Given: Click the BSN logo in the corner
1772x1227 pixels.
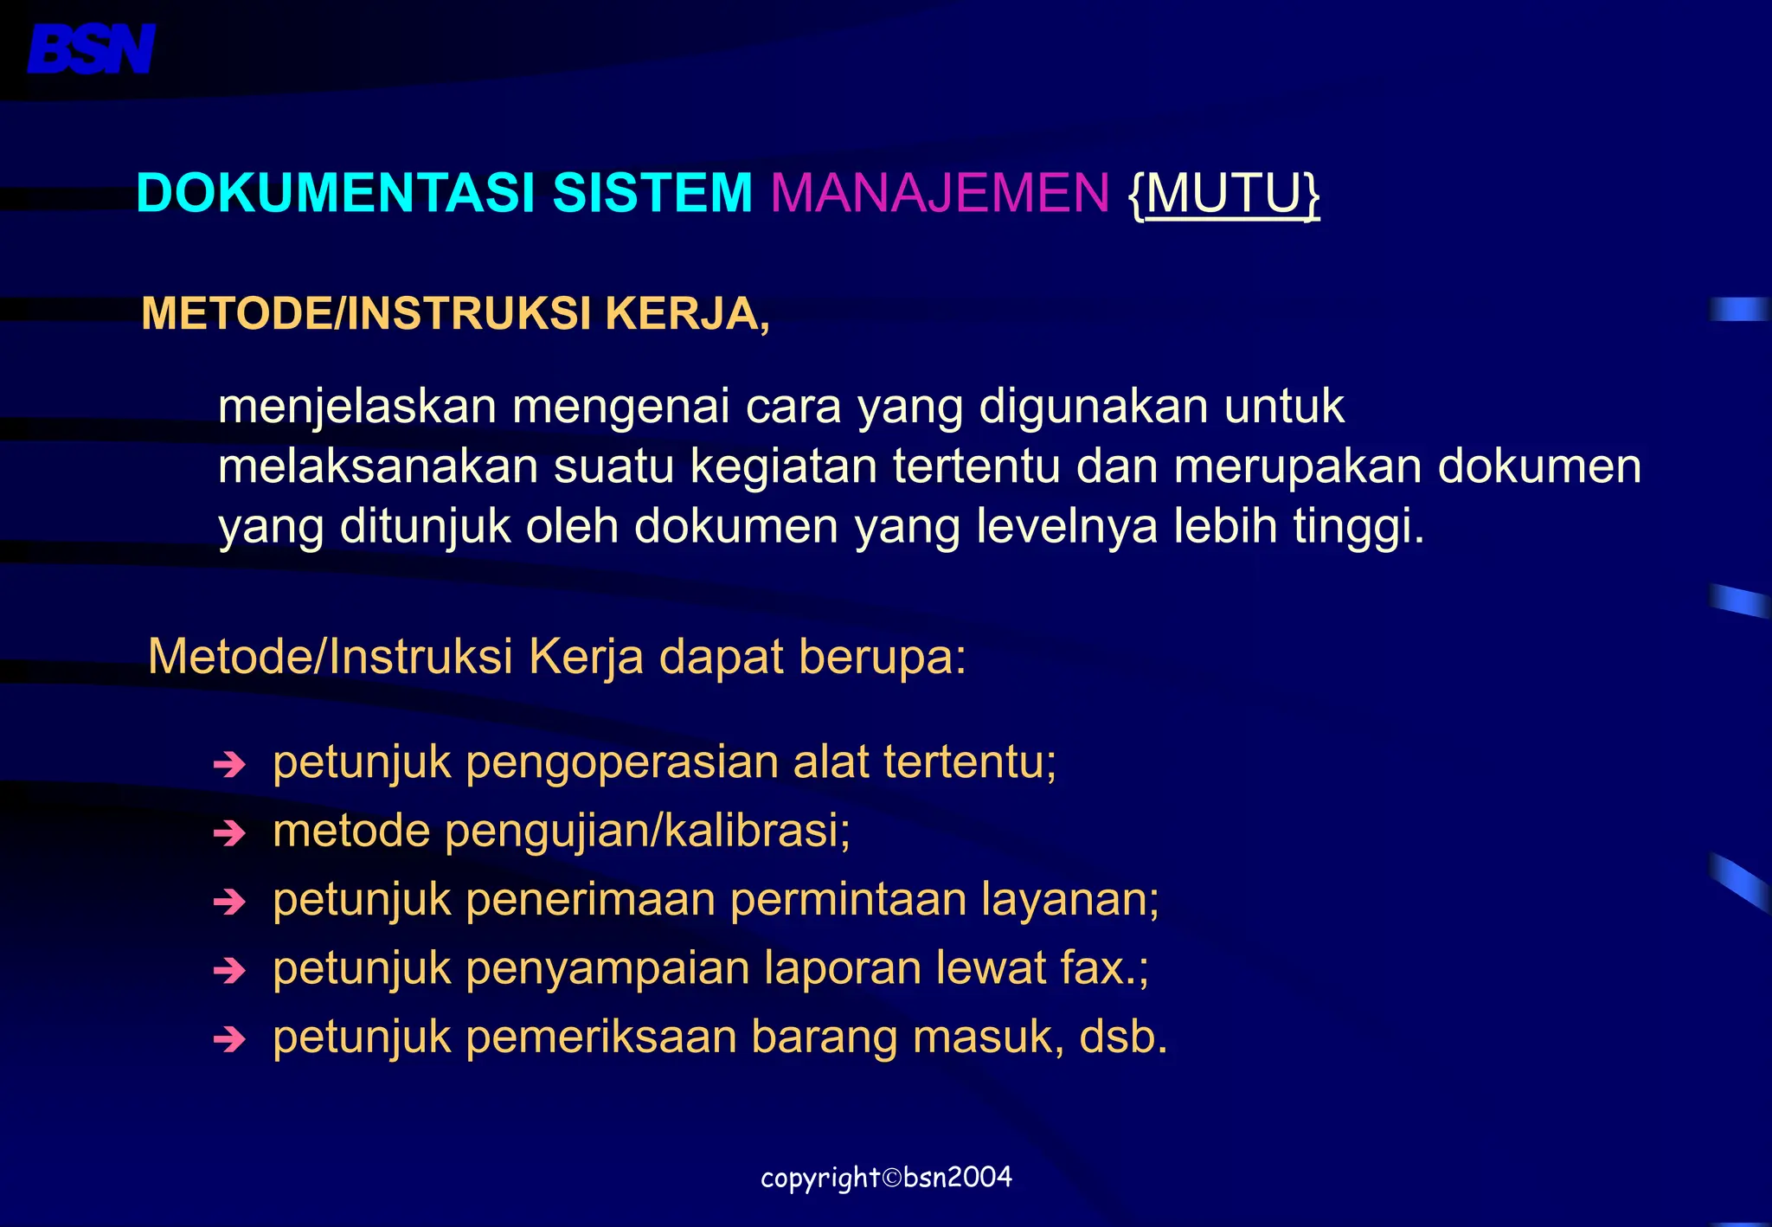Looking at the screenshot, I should (x=92, y=48).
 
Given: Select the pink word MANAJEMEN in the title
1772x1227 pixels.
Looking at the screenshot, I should (x=940, y=192).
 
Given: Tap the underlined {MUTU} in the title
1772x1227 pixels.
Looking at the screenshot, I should (x=1224, y=194).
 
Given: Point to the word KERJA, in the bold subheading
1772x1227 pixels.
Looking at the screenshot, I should (x=687, y=313).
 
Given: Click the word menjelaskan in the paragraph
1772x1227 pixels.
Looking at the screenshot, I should (x=357, y=407).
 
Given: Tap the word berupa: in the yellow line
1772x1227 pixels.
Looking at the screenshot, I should (x=882, y=657).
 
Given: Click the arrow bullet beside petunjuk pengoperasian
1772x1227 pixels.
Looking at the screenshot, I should (x=229, y=764).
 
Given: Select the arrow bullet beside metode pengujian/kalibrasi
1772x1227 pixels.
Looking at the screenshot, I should (x=229, y=832).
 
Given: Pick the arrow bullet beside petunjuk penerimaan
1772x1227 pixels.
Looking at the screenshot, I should (x=229, y=902).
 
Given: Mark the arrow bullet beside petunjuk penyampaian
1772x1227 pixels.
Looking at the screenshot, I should (x=229, y=970).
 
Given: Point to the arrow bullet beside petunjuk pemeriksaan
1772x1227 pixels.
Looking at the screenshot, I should (x=229, y=1038).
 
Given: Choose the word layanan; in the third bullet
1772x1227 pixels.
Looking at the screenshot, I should (x=1070, y=900).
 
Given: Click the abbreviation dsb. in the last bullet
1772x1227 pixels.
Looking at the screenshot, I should (x=1123, y=1037).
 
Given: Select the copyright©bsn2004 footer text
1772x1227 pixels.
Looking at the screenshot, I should (x=886, y=1178).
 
